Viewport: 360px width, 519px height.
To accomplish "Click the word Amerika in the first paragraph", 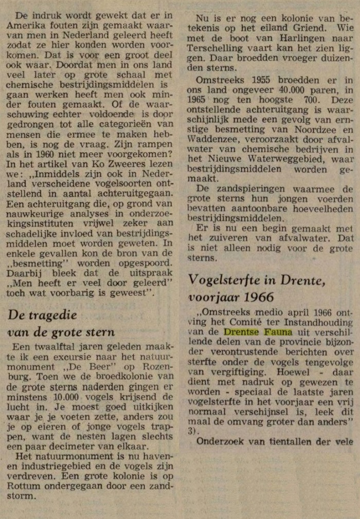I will [x=25, y=27].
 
